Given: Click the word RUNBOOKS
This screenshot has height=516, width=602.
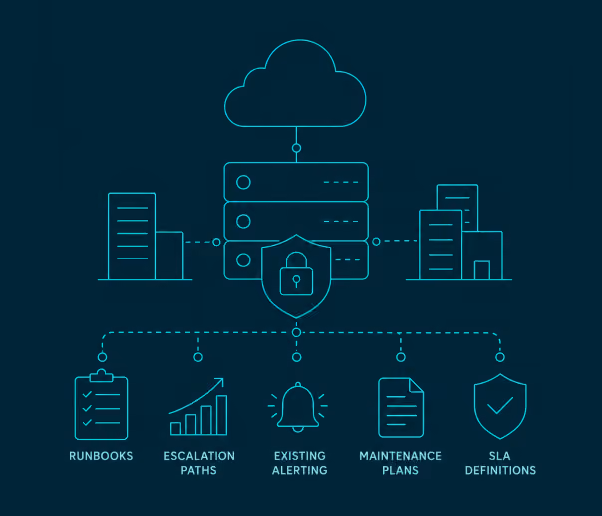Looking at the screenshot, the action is point(101,456).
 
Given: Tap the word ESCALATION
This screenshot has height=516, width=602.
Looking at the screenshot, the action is point(199,456).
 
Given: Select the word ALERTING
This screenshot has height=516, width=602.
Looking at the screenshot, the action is point(299,470).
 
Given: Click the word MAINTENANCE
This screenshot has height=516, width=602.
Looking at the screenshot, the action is point(400,456).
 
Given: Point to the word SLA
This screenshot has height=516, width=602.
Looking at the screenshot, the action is point(500,456).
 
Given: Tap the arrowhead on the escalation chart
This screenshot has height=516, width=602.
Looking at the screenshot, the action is point(220,382).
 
